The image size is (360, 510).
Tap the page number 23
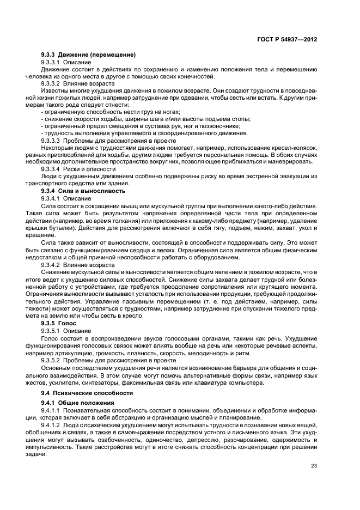point(314,465)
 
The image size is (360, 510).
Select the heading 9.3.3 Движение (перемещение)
point(88,56)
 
